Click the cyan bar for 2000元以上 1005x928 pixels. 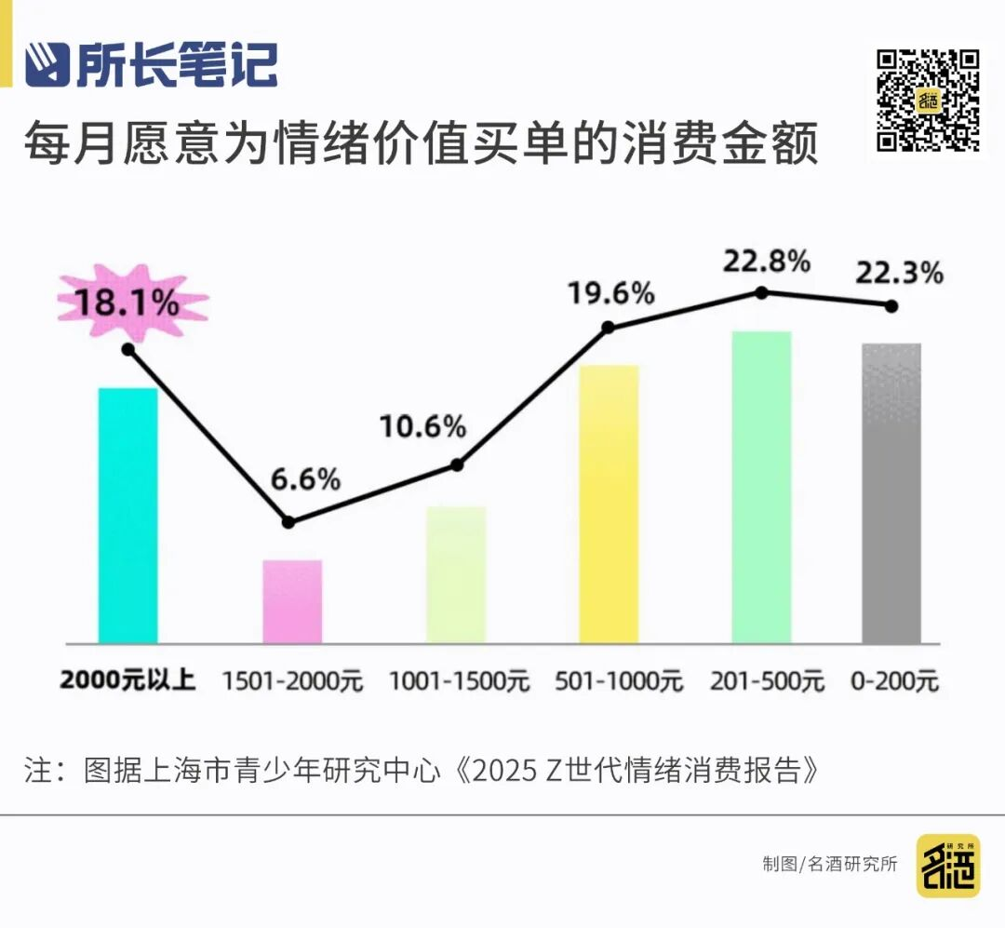pyautogui.click(x=127, y=515)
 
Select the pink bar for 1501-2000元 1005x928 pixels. pyautogui.click(x=292, y=601)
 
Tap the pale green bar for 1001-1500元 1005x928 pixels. pyautogui.click(x=456, y=574)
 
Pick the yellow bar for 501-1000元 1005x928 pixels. pyautogui.click(x=609, y=504)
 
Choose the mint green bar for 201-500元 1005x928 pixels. pyautogui.click(x=761, y=487)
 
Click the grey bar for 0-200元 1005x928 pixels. pyautogui.click(x=891, y=493)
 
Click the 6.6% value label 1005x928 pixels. pyautogui.click(x=305, y=480)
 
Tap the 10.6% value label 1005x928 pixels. pyautogui.click(x=422, y=427)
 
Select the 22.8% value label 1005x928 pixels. pyautogui.click(x=766, y=262)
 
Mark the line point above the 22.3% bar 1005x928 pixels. pyautogui.click(x=891, y=305)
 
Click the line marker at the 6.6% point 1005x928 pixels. pyautogui.click(x=288, y=522)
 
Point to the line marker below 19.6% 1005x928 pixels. pyautogui.click(x=609, y=327)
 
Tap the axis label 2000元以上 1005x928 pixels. pyautogui.click(x=127, y=680)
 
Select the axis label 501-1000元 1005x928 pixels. pyautogui.click(x=618, y=681)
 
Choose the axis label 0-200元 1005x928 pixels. pyautogui.click(x=894, y=681)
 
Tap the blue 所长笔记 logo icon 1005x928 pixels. pyautogui.click(x=47, y=65)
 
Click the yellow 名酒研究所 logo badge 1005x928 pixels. pyautogui.click(x=947, y=866)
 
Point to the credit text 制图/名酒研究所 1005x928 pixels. pyautogui.click(x=830, y=864)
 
